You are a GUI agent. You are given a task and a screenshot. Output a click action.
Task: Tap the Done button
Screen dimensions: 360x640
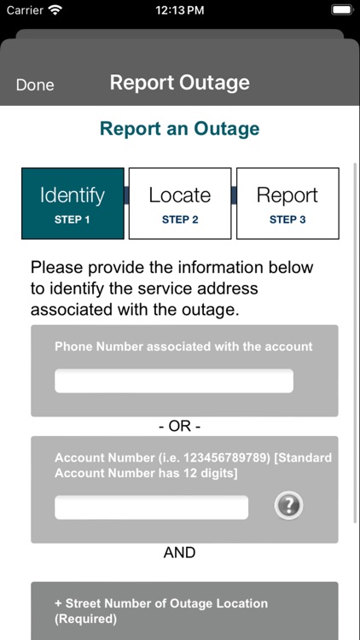pos(35,84)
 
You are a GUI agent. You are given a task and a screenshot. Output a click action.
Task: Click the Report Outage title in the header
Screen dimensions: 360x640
pos(180,83)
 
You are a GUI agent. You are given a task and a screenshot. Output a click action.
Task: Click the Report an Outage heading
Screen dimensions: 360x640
pos(180,129)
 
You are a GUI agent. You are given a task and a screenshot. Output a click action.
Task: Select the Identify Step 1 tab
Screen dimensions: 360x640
pos(73,203)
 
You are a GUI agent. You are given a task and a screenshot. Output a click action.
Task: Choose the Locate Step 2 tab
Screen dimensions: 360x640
pos(180,203)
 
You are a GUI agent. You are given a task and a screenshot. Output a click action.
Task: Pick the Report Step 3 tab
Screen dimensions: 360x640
pos(287,203)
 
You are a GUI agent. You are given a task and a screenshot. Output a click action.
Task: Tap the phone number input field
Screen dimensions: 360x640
pos(174,381)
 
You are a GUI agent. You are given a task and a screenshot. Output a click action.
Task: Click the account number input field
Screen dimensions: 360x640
pos(152,507)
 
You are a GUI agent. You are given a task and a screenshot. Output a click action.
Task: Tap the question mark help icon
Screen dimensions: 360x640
pos(288,506)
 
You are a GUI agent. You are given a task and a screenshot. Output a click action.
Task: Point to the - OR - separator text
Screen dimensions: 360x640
pos(180,426)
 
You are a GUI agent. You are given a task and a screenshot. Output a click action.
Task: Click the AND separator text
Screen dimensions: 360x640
pos(180,553)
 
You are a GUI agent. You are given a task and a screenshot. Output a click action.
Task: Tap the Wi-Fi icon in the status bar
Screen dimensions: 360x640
pos(55,10)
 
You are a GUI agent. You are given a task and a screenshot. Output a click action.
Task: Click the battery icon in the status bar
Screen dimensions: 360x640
pos(340,10)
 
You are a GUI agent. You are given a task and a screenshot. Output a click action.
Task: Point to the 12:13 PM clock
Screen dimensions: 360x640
pos(180,10)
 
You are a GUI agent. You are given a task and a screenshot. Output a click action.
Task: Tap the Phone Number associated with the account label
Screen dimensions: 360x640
pos(183,346)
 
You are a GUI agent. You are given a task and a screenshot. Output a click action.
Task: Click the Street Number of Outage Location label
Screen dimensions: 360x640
pos(161,610)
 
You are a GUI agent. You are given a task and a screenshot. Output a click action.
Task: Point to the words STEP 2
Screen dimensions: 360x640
pos(180,219)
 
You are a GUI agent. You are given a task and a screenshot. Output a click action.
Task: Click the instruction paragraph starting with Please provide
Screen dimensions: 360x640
pos(172,288)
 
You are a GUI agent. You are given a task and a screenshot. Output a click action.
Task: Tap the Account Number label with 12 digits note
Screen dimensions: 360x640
pos(193,465)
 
